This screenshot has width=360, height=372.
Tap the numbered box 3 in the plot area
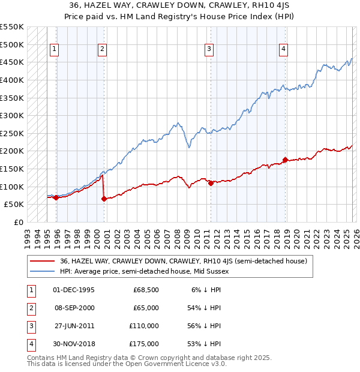coord(209,49)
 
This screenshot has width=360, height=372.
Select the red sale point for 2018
coord(285,160)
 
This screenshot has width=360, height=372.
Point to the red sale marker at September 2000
coord(104,199)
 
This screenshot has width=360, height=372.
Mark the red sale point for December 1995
coord(56,197)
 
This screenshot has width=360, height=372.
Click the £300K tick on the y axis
coord(11,115)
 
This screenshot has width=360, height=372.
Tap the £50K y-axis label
coord(14,205)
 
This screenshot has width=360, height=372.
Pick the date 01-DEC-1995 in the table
coord(74,290)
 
